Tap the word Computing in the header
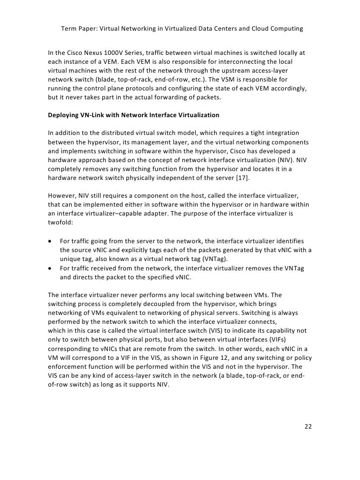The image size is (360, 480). pyautogui.click(x=285, y=29)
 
